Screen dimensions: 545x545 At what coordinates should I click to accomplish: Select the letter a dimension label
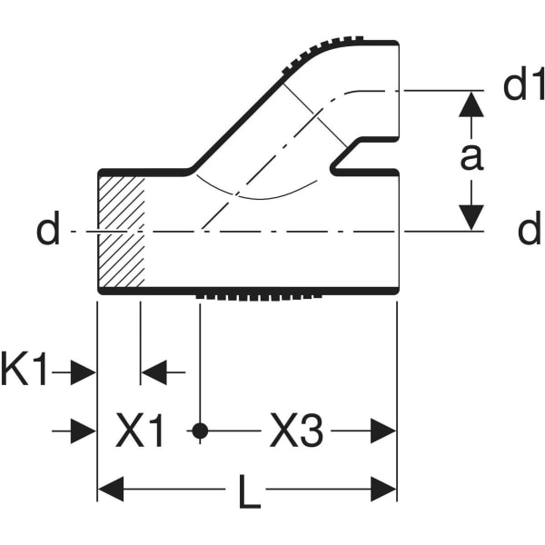click(470, 156)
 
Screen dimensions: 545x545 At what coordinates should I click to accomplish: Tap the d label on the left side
click(47, 231)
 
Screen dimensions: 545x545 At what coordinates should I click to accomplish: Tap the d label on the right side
click(530, 231)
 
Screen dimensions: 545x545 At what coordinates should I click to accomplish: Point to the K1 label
click(25, 372)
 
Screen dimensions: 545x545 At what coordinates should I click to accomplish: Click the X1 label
click(141, 432)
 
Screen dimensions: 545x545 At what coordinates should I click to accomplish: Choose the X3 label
click(296, 432)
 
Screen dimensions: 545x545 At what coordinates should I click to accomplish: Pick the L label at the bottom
click(248, 493)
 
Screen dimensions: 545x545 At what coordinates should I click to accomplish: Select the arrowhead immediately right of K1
click(84, 372)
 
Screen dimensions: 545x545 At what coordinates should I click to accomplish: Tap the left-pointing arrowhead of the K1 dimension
click(153, 372)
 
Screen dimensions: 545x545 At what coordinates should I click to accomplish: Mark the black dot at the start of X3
click(200, 431)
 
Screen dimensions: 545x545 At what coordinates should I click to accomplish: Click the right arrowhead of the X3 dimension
click(384, 431)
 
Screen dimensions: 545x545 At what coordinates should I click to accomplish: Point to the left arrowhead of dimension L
click(110, 491)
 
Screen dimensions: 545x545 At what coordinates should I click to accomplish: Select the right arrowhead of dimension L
click(384, 491)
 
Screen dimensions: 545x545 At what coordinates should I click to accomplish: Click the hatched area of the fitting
click(121, 231)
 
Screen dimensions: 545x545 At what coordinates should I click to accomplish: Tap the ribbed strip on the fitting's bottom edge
click(259, 296)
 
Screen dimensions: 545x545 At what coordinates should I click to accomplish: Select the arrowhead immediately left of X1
click(84, 431)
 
